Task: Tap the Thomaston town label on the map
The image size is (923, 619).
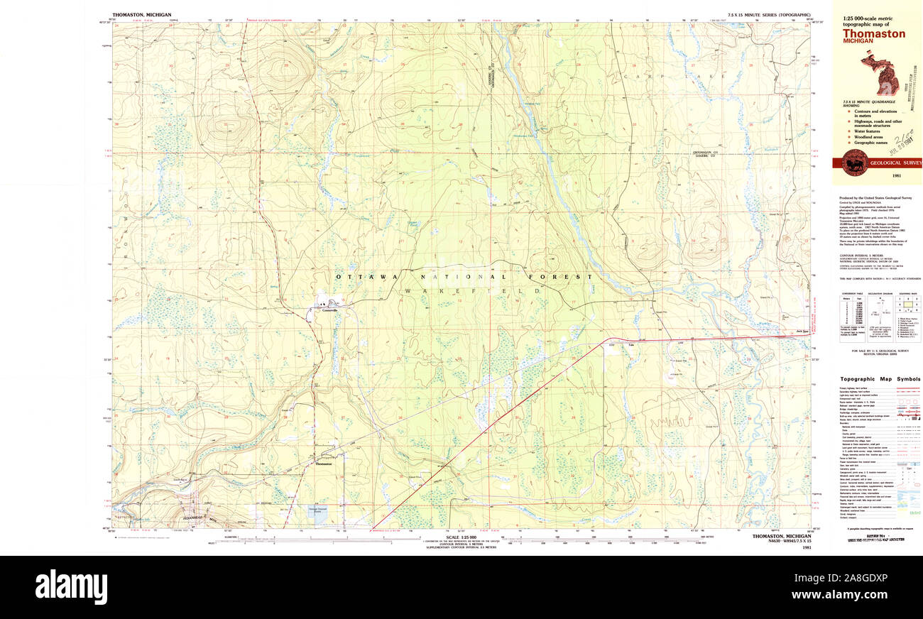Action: [x=323, y=465]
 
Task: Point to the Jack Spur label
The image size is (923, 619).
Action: [x=802, y=332]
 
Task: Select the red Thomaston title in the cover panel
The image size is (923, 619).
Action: [x=874, y=33]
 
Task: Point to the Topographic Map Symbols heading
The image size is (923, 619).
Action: [x=880, y=379]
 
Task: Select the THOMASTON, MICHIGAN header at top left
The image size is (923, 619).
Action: [x=136, y=14]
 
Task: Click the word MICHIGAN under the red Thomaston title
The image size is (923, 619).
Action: [x=858, y=42]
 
